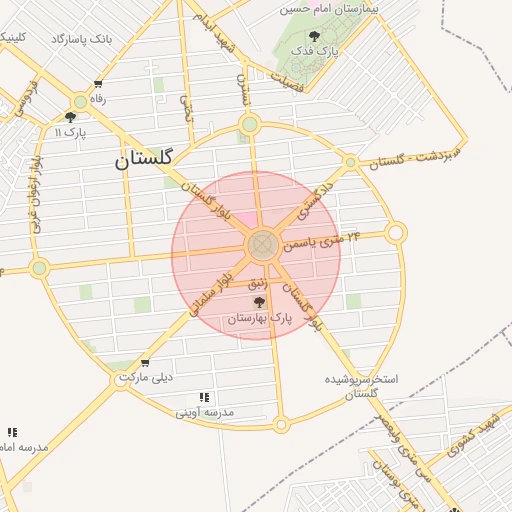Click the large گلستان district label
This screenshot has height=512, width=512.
(144, 158)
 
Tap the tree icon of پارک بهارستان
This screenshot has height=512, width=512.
(260, 302)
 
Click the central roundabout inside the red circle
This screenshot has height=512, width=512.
(263, 243)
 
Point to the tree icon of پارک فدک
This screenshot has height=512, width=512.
(315, 36)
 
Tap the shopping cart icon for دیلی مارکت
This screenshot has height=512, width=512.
(146, 363)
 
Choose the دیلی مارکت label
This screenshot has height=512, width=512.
(146, 377)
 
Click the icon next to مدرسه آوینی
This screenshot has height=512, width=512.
(205, 397)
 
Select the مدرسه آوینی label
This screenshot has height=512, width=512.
(205, 411)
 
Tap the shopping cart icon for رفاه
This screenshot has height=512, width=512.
(98, 84)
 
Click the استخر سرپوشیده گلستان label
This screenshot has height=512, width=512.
(362, 386)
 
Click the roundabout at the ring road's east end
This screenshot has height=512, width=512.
(396, 233)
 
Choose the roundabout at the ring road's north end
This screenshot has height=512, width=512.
(249, 125)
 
